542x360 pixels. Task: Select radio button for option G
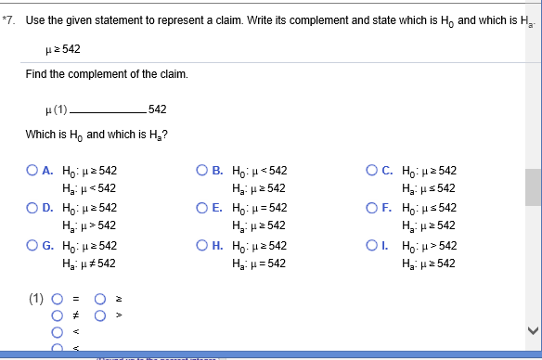click(32, 246)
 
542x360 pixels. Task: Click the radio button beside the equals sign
click(58, 299)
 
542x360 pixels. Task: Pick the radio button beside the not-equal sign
click(58, 315)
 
